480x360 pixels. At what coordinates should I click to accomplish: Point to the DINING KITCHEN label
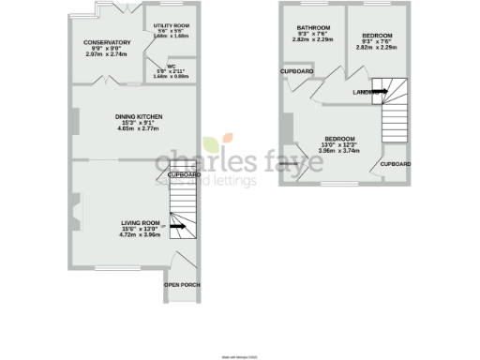click(139, 115)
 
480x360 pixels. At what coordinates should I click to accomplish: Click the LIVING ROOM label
click(141, 223)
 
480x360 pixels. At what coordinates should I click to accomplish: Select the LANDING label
click(365, 92)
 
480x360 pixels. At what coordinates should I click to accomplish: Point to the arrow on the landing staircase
click(379, 90)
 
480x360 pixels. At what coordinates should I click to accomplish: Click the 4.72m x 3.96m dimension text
click(141, 235)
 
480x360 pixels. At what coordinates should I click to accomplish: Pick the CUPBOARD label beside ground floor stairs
click(184, 174)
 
